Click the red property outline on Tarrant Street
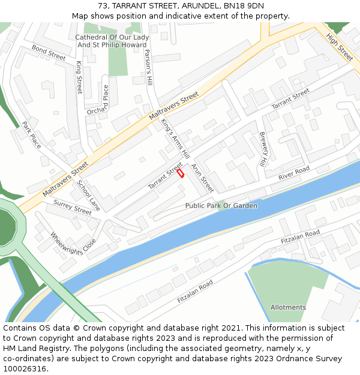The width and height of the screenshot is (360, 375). coord(180,173)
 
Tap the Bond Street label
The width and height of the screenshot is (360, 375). coord(49,53)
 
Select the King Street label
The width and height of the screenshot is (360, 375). coord(79,77)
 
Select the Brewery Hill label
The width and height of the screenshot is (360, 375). coord(262,149)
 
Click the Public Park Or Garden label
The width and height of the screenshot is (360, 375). coord(221,206)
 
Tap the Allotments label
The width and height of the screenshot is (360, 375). coord(288,307)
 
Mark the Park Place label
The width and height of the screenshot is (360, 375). coord(32,135)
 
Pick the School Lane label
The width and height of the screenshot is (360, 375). coord(88,196)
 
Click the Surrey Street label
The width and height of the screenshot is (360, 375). coord(72,207)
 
